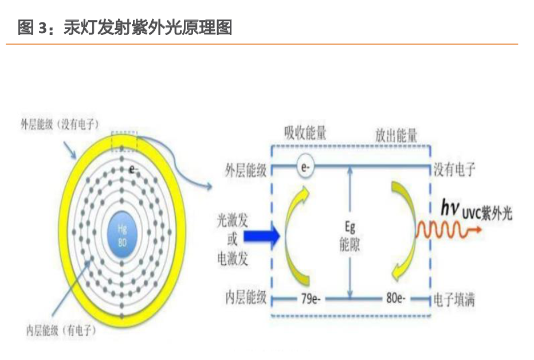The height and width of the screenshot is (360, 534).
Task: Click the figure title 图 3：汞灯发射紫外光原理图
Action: (125, 28)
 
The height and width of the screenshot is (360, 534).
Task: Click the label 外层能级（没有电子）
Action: (60, 124)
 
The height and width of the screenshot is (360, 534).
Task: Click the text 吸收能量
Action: (305, 134)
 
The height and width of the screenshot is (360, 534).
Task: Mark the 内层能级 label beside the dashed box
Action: (246, 299)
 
